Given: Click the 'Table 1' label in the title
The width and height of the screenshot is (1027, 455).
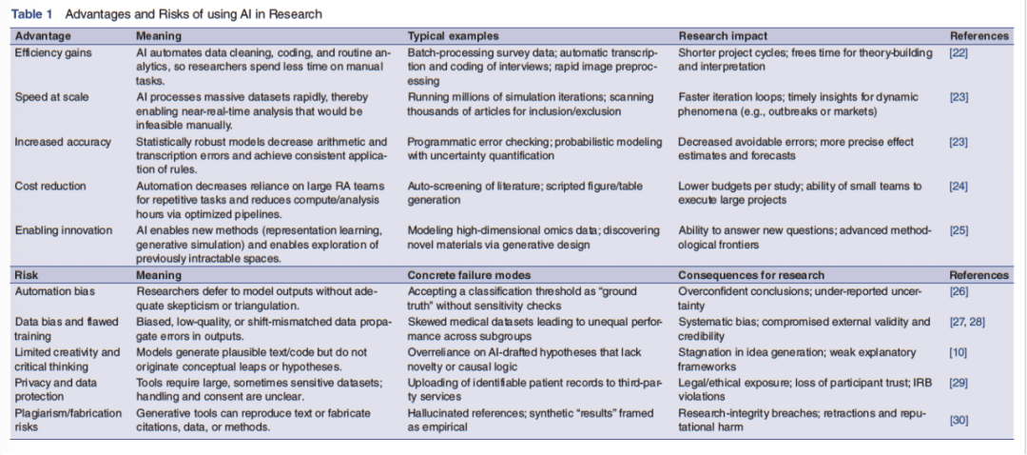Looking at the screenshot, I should pos(32,14).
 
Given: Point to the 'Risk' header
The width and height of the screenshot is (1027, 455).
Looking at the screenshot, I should pos(28,275).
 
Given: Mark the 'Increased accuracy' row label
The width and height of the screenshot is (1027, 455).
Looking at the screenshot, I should pos(59,142).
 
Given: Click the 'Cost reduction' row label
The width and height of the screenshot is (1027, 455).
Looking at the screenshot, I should pos(50,187).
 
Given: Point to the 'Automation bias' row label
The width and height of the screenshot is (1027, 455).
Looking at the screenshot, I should pos(54,291).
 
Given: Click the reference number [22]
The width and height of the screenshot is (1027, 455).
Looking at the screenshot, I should pos(959,52).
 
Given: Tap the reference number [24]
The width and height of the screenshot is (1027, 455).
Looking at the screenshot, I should pos(959,187).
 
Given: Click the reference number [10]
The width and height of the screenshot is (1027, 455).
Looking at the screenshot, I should pos(959,352).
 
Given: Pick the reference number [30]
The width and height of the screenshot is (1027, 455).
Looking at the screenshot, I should pos(959,420).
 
